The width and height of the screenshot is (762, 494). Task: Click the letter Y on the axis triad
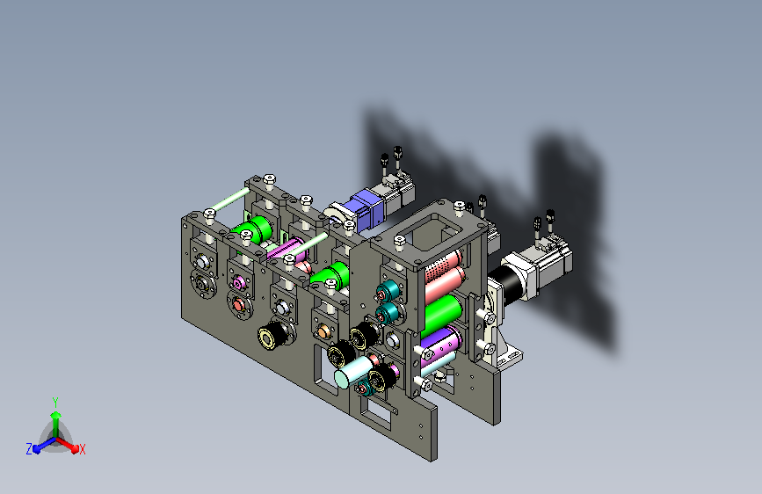click(55, 402)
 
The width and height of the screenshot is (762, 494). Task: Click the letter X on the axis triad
click(82, 449)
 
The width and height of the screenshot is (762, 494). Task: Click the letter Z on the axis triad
click(29, 449)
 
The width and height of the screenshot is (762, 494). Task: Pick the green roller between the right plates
click(443, 314)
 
